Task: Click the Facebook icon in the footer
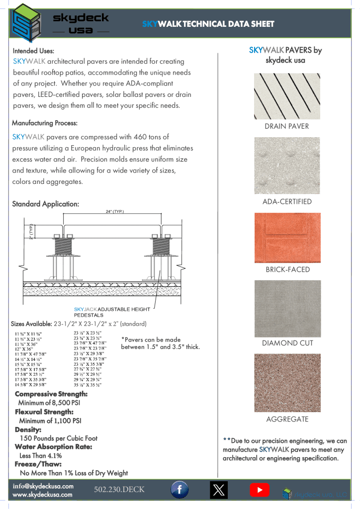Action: (179, 490)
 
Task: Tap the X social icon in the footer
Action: (218, 490)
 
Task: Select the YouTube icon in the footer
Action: (259, 490)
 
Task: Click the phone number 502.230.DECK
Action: (119, 490)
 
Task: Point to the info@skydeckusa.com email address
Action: (43, 486)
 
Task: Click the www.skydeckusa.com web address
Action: (42, 495)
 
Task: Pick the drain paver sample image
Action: (287, 96)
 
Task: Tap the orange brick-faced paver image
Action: (287, 238)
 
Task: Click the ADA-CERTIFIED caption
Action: (287, 202)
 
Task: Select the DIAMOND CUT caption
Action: (287, 343)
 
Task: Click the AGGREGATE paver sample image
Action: (287, 382)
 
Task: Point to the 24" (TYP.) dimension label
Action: (115, 211)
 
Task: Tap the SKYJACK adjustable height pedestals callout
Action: (111, 312)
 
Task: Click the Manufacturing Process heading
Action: (45, 123)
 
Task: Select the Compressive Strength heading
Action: (51, 394)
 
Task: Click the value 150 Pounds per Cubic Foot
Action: (59, 438)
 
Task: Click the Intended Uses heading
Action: (33, 51)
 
